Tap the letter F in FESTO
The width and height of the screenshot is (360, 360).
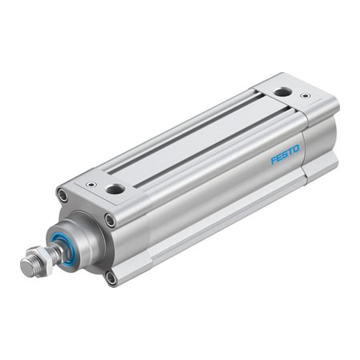[274, 159]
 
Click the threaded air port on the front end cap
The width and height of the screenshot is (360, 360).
[115, 189]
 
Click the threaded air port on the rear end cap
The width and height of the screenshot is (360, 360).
[282, 93]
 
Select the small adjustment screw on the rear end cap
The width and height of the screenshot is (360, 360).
[305, 97]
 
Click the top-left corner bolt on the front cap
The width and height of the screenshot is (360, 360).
[62, 194]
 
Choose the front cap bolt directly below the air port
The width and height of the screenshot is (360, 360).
[110, 219]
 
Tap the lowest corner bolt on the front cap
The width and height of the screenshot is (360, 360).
[110, 277]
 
